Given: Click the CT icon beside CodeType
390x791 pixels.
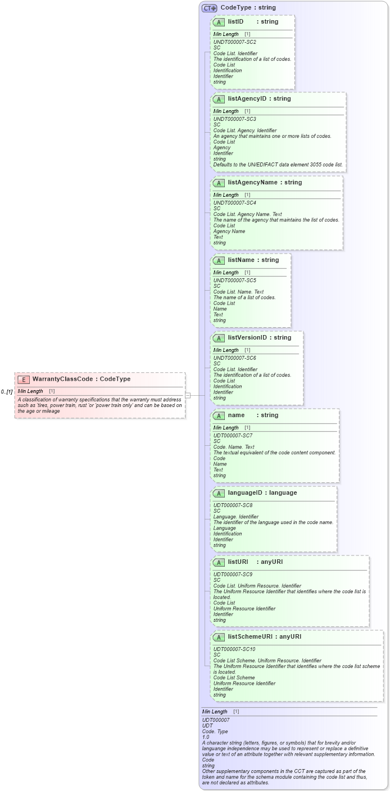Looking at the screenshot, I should pos(210,8).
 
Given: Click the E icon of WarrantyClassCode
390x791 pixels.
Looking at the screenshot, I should pos(24,379).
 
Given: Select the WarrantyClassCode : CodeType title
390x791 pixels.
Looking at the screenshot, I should pos(81,379).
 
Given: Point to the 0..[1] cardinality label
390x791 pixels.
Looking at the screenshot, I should pos(7,391).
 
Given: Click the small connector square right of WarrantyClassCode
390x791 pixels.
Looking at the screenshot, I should pos(188,395).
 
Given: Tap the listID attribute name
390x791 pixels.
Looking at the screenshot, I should pos(235,22).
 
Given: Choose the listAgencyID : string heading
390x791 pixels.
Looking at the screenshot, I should pos(259,99).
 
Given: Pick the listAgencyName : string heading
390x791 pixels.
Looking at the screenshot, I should pos(265,183).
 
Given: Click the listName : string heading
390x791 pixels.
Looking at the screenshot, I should pos(253,260).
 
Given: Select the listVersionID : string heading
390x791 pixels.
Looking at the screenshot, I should pos(259,338).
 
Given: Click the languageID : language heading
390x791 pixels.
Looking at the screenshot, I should pos(262,493).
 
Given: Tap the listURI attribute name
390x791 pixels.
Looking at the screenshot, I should pos(238,562).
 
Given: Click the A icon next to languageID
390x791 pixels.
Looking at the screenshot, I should pos(219,493).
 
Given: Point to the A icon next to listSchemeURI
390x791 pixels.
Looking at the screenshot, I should pos(219,637).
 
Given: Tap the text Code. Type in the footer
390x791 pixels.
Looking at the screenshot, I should pos(215,731).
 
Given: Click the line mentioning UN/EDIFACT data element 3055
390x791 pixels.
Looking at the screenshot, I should pos(278,165).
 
